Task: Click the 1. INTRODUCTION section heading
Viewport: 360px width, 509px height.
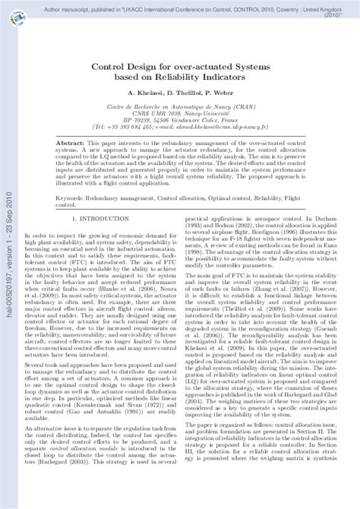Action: click(111, 220)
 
